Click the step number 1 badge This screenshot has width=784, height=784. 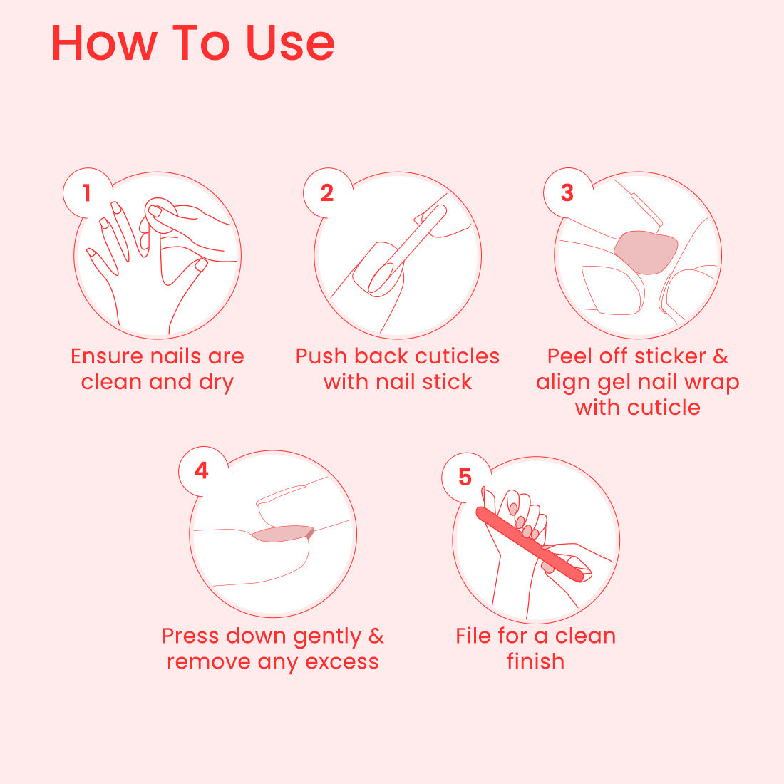coord(88,193)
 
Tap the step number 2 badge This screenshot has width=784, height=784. coord(328,193)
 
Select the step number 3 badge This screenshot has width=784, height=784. coord(567,193)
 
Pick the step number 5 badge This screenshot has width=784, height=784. coord(465,478)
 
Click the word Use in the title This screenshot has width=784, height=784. coord(290,43)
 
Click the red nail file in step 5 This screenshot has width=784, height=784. coord(530,544)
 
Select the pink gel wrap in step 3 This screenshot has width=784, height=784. coord(646,252)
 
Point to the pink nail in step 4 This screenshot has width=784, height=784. coord(282,534)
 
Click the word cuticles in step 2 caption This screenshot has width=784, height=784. coord(457,356)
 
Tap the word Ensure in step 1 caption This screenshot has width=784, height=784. coord(107,356)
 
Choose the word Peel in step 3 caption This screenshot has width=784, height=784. coord(570,356)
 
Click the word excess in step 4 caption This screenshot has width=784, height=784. coord(342,662)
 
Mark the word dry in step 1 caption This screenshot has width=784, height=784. coord(217,383)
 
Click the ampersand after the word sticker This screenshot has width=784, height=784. coord(721,356)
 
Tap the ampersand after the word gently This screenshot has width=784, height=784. coord(376,636)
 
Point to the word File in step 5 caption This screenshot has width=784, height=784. coord(473,636)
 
